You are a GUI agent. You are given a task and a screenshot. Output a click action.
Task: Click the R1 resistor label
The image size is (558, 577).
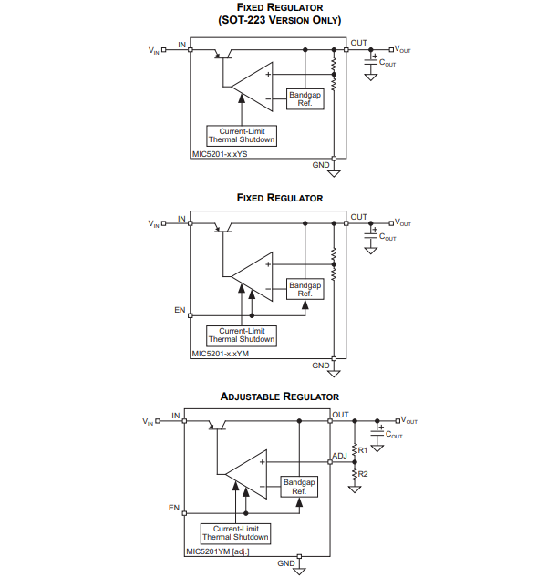point(363,450)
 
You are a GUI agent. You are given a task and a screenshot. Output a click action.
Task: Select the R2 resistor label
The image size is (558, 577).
point(363,474)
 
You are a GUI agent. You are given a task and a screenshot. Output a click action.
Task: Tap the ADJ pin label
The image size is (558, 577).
point(339,456)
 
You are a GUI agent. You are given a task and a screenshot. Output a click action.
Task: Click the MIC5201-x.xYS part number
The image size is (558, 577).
point(220,154)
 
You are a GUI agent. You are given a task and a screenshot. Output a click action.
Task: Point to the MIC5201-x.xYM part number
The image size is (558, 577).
point(220,354)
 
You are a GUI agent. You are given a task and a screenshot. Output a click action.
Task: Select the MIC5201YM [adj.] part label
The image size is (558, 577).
point(218,551)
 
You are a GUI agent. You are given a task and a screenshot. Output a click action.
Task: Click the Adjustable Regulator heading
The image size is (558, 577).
point(280,397)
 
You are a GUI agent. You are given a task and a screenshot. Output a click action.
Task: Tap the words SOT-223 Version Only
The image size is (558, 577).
point(280,20)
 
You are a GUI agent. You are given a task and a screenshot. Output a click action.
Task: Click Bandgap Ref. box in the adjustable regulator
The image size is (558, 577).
point(299,487)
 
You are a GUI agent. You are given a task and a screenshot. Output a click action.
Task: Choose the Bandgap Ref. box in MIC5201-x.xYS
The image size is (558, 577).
point(305,99)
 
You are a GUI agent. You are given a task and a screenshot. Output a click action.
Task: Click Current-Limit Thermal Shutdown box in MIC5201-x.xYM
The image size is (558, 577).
point(242,335)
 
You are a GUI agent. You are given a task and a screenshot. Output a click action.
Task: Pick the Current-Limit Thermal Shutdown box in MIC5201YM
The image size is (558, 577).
point(235,533)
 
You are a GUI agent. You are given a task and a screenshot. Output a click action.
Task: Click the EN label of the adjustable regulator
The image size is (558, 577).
point(174,508)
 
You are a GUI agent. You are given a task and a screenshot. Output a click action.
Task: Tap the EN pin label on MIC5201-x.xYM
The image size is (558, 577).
point(180,310)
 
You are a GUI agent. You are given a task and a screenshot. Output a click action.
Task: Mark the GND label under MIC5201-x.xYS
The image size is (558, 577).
point(321,165)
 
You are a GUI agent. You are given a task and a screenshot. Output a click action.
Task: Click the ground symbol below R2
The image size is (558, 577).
point(355,489)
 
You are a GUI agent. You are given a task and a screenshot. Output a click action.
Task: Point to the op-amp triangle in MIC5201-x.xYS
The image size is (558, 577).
point(252,87)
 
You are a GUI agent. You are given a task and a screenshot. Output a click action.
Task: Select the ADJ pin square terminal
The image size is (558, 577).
point(330,462)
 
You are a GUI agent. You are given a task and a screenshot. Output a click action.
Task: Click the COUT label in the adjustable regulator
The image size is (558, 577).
point(394,435)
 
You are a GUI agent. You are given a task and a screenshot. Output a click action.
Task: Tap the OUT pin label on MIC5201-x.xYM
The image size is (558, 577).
point(358,217)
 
